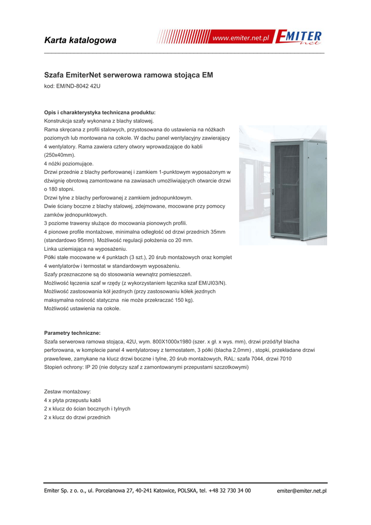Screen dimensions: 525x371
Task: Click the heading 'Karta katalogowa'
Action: pos(80,40)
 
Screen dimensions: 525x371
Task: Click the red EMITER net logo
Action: pos(299,38)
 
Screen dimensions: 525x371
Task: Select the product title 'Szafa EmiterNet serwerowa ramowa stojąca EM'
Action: pos(129,75)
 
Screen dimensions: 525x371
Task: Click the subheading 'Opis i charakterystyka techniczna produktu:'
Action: pos(100,112)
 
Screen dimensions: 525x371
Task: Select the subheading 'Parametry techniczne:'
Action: pos(72,333)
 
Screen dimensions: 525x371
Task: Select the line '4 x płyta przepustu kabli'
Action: pos(73,400)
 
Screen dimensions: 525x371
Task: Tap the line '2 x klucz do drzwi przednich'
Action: pos(77,417)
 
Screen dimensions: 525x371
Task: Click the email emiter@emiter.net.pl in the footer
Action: pos(301,491)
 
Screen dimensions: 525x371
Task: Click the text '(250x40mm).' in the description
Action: pos(60,155)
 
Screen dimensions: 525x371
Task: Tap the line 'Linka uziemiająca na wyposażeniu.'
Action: pos(86,249)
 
